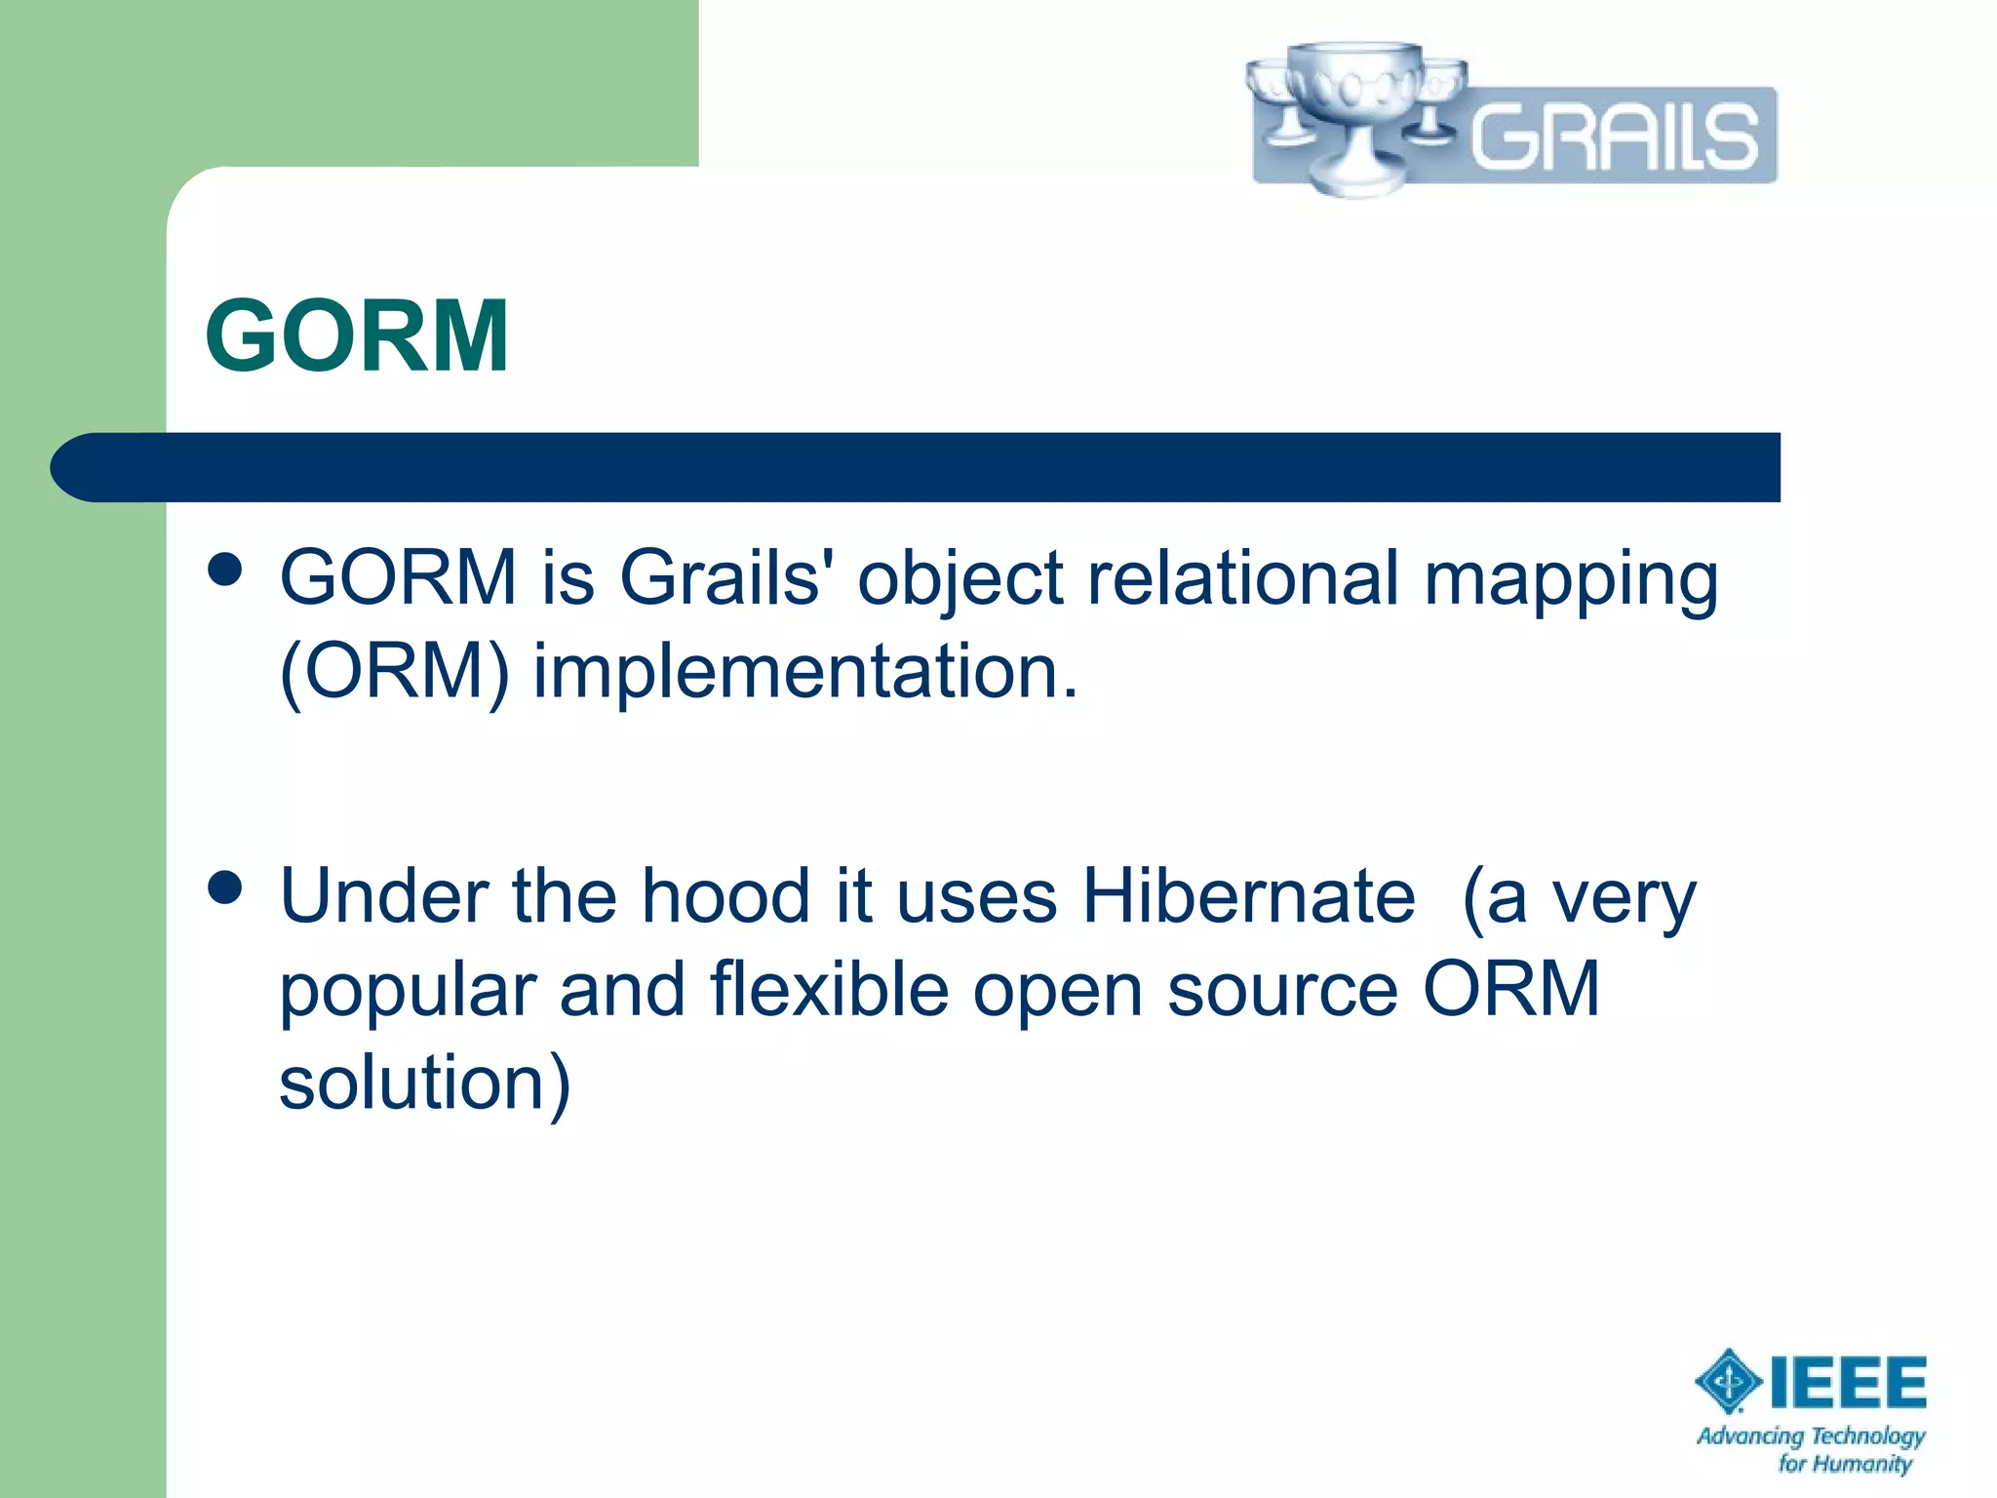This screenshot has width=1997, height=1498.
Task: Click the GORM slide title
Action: tap(357, 336)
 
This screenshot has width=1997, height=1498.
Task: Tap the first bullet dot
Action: tap(225, 570)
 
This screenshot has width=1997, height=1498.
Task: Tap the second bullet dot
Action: tap(225, 888)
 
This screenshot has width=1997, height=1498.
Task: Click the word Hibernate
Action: tap(1248, 896)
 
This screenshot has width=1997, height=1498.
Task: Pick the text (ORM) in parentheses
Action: tap(394, 673)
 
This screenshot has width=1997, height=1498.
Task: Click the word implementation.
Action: tap(805, 673)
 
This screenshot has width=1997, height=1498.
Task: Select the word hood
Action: tap(725, 896)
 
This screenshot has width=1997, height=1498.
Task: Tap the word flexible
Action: tap(829, 989)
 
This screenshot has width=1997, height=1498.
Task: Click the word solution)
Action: tap(425, 1083)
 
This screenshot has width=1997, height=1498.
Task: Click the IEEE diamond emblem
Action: tap(1728, 1381)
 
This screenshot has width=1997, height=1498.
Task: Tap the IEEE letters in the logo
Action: tap(1847, 1382)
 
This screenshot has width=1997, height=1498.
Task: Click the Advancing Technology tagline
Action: tap(1811, 1437)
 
